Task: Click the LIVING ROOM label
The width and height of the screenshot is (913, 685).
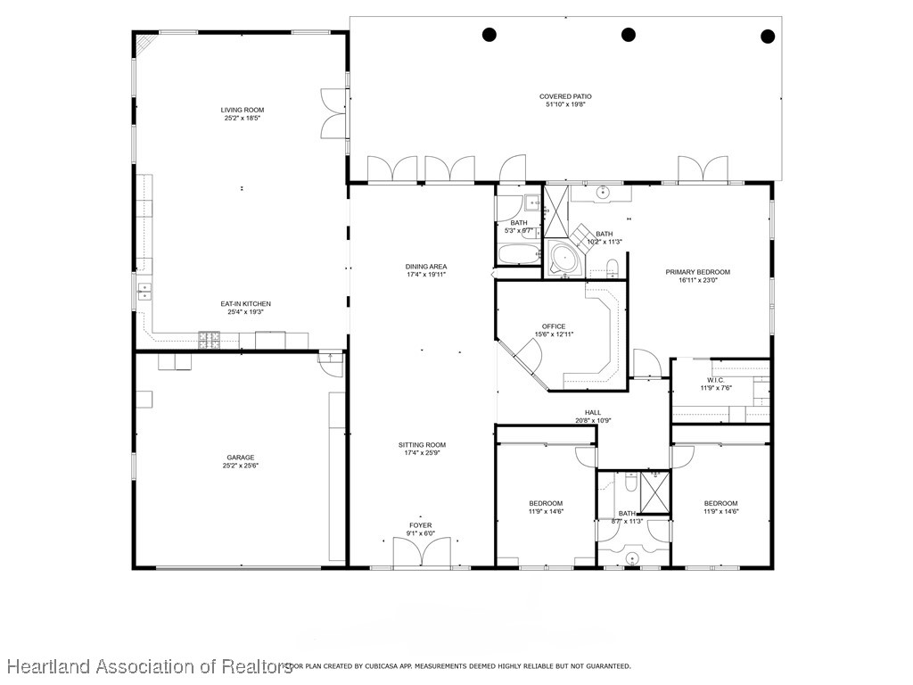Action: pyautogui.click(x=243, y=110)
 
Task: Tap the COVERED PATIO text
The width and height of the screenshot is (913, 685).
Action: pyautogui.click(x=565, y=96)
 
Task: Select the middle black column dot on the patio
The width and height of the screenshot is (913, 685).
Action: pyautogui.click(x=628, y=35)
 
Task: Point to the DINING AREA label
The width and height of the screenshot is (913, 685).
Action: pyautogui.click(x=426, y=267)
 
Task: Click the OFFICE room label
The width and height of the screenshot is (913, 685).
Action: pyautogui.click(x=554, y=326)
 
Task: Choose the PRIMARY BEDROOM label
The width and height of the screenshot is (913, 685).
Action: pyautogui.click(x=698, y=272)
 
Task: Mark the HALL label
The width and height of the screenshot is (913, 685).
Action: pyautogui.click(x=593, y=412)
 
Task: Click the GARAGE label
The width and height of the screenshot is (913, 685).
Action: pyautogui.click(x=241, y=458)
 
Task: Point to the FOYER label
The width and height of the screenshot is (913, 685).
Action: pyautogui.click(x=421, y=525)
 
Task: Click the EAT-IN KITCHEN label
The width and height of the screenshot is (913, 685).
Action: pyautogui.click(x=246, y=304)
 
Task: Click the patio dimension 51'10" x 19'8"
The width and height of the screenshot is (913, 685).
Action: pyautogui.click(x=565, y=104)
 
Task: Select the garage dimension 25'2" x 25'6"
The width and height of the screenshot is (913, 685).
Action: pyautogui.click(x=241, y=466)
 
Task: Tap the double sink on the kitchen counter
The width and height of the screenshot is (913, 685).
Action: pyautogui.click(x=143, y=291)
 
